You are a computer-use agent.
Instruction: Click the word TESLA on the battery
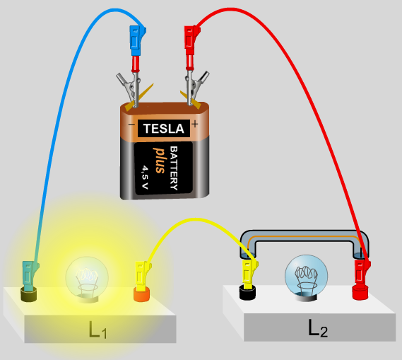point(164,128)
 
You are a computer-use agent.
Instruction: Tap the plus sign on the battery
point(195,124)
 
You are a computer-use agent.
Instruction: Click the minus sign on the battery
point(131,125)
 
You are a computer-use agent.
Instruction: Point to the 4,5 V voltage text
point(145,177)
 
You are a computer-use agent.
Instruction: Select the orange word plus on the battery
point(160,161)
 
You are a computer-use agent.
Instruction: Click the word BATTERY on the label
point(174,168)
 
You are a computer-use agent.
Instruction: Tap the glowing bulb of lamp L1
point(87,277)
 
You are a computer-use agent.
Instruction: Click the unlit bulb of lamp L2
point(306,276)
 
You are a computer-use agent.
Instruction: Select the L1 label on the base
point(97,330)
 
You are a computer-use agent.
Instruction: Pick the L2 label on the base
point(318,328)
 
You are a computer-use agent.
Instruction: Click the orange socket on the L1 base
point(142,294)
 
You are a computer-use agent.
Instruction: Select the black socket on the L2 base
point(247,293)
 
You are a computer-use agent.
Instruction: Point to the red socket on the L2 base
point(361,293)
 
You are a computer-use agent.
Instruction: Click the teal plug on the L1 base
point(30,276)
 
